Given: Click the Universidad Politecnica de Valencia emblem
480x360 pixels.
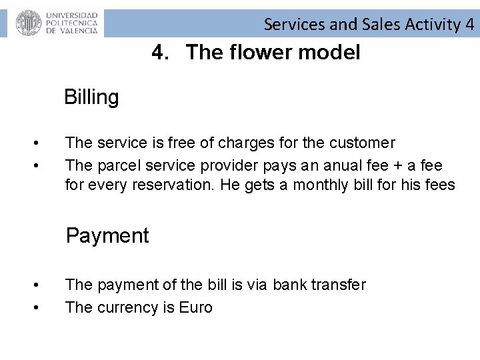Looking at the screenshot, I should point(28,23).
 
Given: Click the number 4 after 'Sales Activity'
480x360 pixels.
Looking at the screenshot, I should point(470,25).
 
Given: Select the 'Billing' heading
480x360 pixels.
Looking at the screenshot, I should point(91,97).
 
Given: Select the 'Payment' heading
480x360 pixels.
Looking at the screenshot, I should point(107,235).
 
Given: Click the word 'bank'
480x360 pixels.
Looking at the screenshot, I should point(292,285).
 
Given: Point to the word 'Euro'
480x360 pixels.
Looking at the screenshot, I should point(196,307).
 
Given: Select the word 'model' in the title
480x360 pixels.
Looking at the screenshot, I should point(331,52).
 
